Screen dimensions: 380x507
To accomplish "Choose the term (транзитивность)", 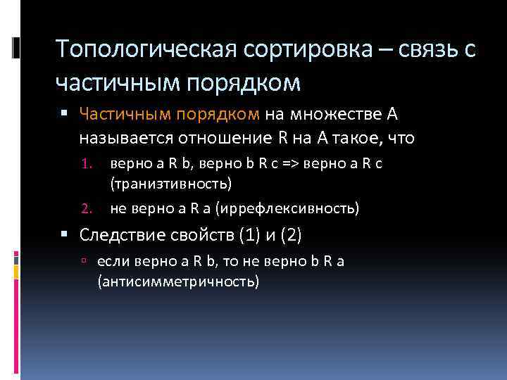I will [170, 184].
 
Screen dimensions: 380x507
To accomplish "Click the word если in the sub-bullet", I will [111, 261].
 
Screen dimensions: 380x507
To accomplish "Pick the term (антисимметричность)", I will [178, 281].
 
